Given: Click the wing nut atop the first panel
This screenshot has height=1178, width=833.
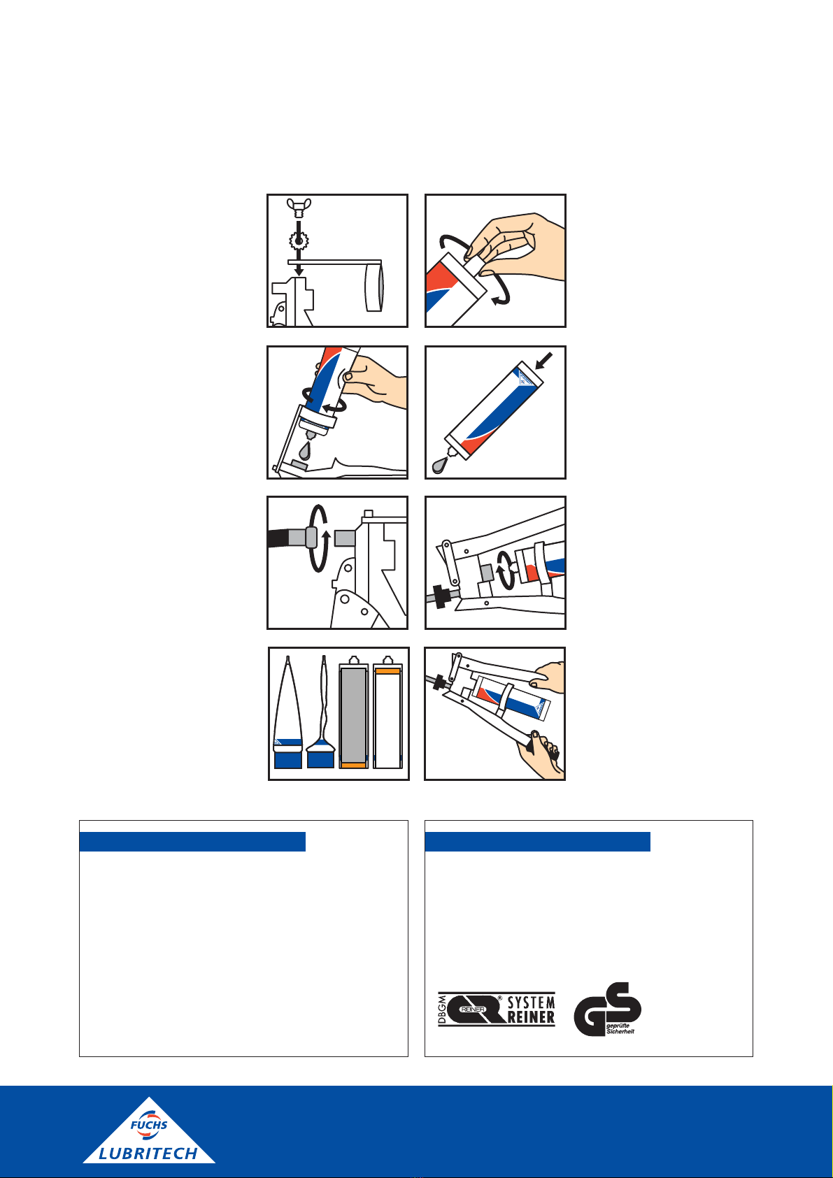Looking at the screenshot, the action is [299, 208].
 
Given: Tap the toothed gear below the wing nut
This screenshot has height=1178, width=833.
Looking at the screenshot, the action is [299, 241].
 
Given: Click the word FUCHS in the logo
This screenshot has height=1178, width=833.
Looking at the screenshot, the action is [149, 1125].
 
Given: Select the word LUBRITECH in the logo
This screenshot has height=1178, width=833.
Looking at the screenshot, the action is [148, 1154].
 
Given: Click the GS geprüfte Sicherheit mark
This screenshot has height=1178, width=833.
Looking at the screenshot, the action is [607, 1010].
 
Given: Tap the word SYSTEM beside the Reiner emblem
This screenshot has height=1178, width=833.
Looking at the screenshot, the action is [531, 1003].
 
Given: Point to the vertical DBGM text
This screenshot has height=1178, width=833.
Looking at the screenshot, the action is [442, 1010].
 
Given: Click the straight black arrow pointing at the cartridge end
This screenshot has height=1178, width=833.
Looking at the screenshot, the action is [544, 361].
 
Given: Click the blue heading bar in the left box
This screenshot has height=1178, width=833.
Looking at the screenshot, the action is [192, 842].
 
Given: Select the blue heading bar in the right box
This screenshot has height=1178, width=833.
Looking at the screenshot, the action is [537, 842].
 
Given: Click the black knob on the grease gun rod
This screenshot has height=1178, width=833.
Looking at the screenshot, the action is [441, 596].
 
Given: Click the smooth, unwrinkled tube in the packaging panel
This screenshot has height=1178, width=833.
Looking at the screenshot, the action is [288, 712].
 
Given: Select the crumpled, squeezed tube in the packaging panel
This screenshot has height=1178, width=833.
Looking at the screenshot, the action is [321, 712].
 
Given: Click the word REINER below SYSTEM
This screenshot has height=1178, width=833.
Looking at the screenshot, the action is [531, 1017].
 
